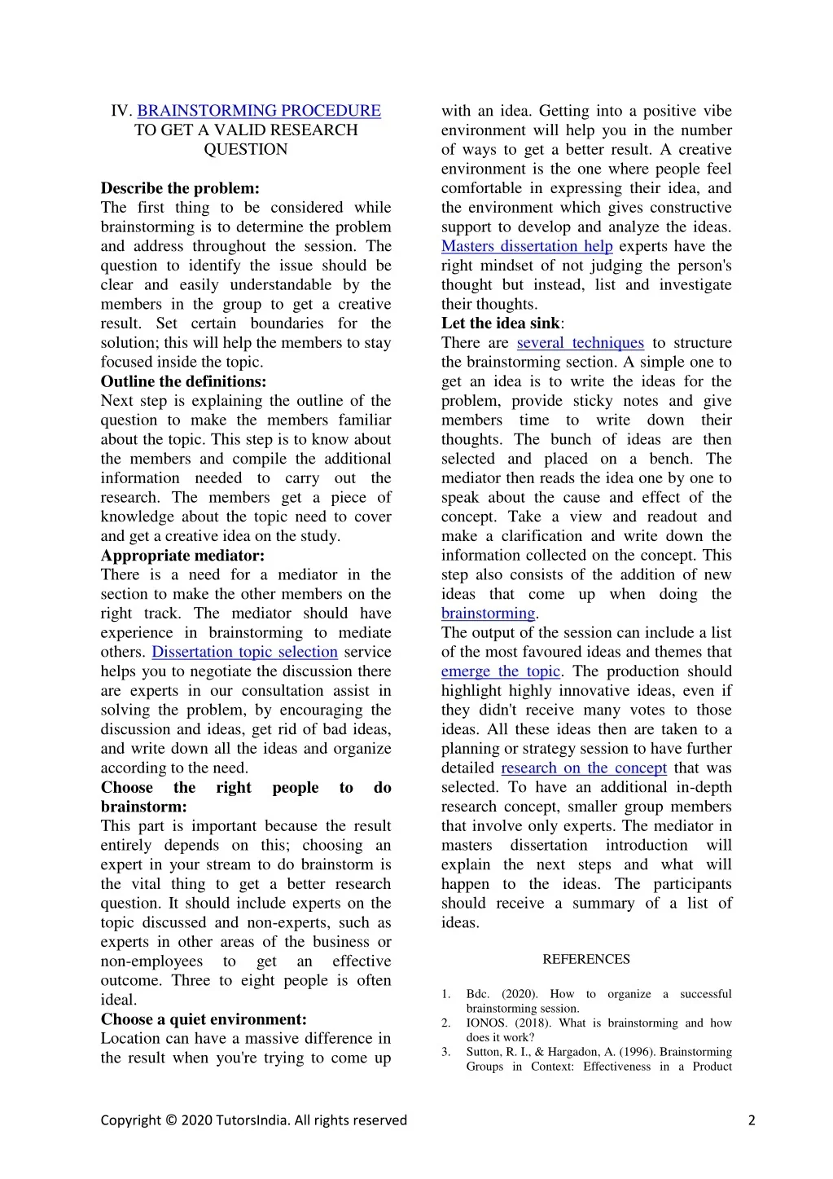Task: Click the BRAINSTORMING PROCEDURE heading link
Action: (259, 111)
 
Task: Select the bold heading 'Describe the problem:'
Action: (180, 188)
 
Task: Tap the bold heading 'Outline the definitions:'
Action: (183, 381)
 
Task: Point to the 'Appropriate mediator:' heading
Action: (182, 556)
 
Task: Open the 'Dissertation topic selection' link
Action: (244, 652)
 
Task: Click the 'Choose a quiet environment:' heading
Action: (204, 1019)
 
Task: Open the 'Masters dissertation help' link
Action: (527, 246)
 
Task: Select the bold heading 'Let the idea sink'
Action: (501, 323)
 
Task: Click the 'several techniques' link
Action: (580, 343)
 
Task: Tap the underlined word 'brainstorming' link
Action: (488, 614)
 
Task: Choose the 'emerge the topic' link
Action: (501, 671)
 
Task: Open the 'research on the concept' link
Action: (583, 768)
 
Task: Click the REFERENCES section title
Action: (586, 960)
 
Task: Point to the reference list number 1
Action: (446, 994)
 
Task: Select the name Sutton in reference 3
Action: (484, 1052)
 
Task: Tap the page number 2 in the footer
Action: (752, 1120)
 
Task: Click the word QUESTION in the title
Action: (245, 150)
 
